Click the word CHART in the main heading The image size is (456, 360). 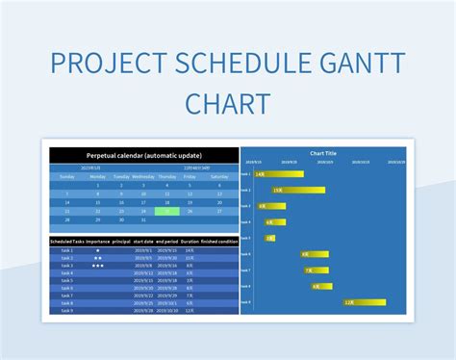[x=227, y=103]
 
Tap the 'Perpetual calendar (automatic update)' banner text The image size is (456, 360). [x=143, y=155]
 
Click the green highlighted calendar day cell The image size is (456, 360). [x=167, y=212]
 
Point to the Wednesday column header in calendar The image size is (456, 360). [x=142, y=177]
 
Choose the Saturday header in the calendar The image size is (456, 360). [x=219, y=177]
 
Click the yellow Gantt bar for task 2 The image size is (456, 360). [x=298, y=191]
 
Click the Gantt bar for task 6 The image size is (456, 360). [x=312, y=254]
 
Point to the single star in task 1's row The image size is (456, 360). [x=97, y=250]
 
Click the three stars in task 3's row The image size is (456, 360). [x=97, y=265]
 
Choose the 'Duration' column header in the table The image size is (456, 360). [x=190, y=242]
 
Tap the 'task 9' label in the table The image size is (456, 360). [x=66, y=310]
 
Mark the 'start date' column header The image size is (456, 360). [x=143, y=242]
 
